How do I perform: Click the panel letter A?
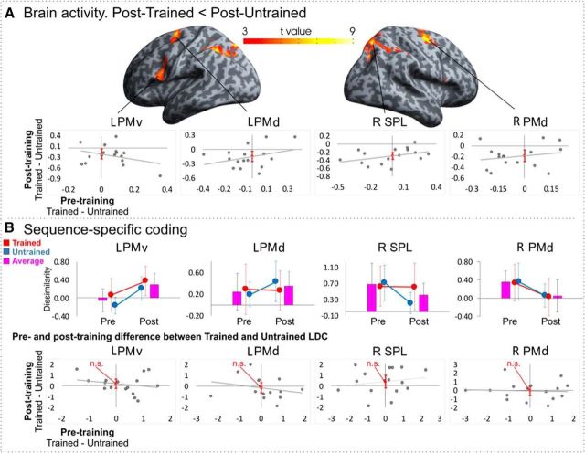pos(9,13)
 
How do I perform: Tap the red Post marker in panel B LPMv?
pos(144,279)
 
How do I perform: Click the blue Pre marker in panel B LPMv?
pos(115,305)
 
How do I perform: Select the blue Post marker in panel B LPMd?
pos(275,282)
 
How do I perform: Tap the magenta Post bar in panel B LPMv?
pos(154,290)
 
